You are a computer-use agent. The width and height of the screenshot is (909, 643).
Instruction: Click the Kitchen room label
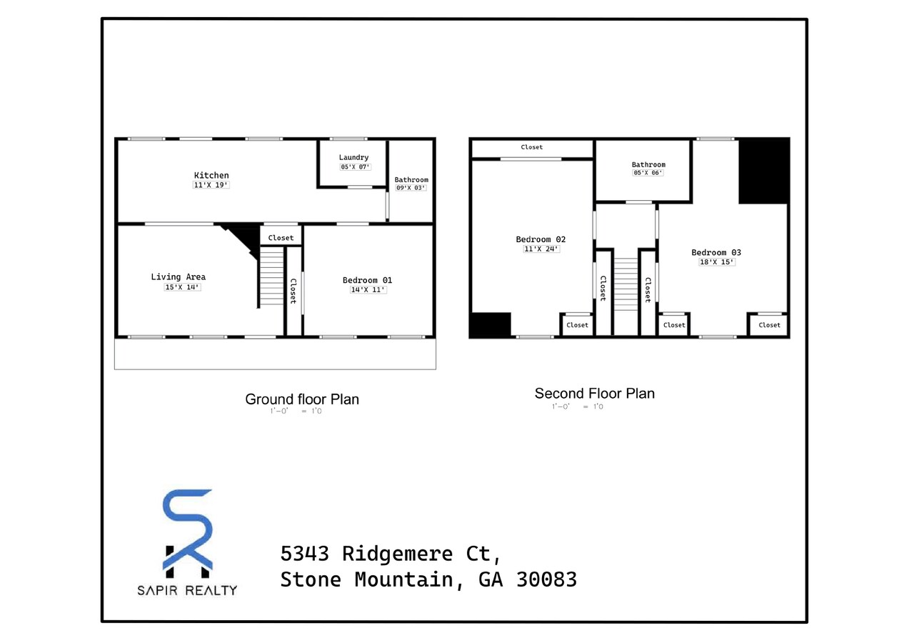211,175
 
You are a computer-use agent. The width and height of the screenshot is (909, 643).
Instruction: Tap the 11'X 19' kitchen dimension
211,185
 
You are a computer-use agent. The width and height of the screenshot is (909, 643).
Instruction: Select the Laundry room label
353,157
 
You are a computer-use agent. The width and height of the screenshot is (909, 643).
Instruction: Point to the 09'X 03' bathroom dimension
411,189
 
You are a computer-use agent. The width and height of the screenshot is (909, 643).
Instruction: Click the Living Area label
178,277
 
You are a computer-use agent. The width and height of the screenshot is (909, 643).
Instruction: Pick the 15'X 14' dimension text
182,287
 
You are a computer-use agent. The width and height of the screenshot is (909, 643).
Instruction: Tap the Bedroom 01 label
367,280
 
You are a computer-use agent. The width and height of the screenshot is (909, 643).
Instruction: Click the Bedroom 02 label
541,239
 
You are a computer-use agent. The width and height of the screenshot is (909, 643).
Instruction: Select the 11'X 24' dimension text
541,249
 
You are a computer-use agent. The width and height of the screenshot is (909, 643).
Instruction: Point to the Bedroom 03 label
716,252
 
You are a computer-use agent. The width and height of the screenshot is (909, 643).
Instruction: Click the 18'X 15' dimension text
716,262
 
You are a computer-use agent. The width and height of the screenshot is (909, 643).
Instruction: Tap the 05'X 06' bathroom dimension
648,173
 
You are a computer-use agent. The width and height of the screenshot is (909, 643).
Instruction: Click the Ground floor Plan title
302,399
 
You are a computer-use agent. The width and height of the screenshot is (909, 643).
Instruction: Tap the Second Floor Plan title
594,394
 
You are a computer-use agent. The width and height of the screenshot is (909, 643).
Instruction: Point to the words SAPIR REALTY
187,590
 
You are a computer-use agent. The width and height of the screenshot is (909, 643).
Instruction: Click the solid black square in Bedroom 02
490,325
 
